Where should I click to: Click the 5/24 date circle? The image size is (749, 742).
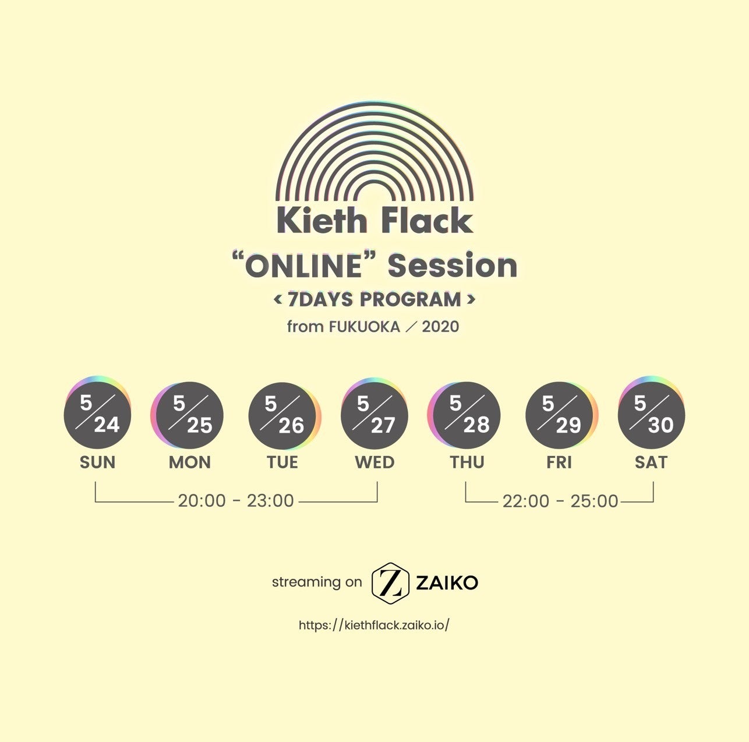click(97, 415)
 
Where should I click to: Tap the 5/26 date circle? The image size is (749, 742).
click(282, 415)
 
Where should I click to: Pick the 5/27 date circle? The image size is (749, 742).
click(374, 415)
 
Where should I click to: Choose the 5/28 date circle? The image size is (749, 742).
click(467, 415)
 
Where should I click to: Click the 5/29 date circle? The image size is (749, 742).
click(559, 415)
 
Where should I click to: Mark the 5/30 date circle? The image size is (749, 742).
click(651, 415)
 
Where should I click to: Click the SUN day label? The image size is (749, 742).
click(98, 462)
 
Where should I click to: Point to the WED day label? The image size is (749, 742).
click(374, 462)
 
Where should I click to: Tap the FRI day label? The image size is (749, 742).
click(559, 462)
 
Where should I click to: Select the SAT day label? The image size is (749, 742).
click(651, 462)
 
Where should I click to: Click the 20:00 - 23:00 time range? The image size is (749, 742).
click(236, 501)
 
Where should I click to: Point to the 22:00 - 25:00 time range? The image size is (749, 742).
click(560, 501)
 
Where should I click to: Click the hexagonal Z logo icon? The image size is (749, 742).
click(391, 582)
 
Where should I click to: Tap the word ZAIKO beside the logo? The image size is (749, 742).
click(447, 582)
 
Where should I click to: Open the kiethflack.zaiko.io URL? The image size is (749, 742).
click(374, 626)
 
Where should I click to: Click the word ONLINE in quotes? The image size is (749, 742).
click(303, 267)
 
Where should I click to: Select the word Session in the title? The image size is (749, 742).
click(453, 266)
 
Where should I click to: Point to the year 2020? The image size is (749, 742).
click(440, 327)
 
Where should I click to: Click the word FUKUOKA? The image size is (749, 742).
click(365, 327)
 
